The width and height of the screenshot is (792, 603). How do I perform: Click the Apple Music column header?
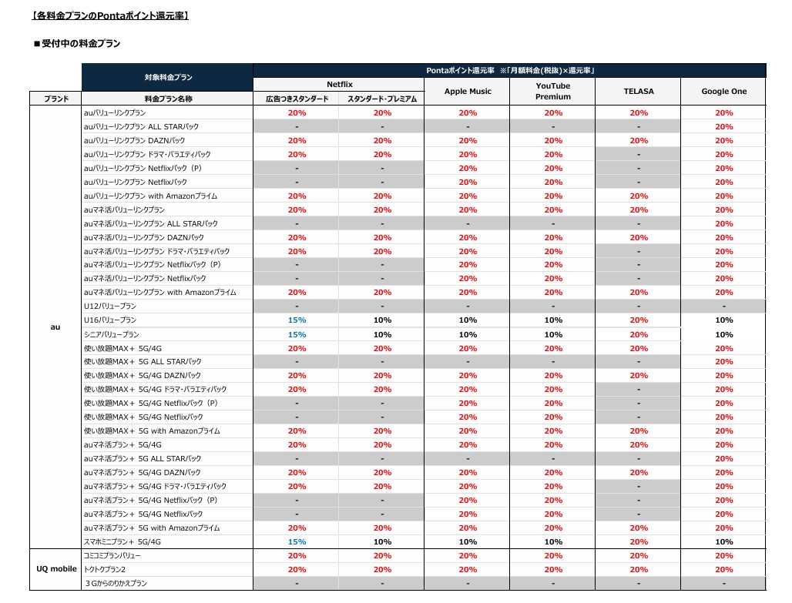[468, 92]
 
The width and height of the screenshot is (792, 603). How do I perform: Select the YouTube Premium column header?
[553, 92]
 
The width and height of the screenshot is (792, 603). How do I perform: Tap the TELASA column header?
[639, 92]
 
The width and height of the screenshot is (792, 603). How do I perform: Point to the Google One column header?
[723, 92]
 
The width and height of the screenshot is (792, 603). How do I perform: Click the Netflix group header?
[340, 85]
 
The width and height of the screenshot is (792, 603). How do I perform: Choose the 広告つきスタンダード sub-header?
[297, 99]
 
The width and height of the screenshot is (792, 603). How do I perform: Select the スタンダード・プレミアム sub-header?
[382, 99]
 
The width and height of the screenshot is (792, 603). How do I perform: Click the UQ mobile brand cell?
[56, 568]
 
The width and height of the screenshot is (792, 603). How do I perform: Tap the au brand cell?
[55, 327]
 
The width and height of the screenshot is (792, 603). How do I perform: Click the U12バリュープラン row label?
[110, 306]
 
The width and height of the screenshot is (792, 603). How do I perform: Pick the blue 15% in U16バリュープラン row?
[297, 320]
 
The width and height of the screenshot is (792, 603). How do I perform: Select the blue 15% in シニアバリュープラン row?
[297, 334]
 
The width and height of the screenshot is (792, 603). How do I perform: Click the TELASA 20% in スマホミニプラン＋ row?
[639, 542]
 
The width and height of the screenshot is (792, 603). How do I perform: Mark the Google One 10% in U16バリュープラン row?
[723, 320]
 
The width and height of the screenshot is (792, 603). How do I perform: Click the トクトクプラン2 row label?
[105, 570]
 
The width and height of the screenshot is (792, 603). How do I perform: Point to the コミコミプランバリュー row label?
[112, 555]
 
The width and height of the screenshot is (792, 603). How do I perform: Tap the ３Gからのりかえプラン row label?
[116, 583]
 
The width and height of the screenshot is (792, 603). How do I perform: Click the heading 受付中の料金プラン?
[77, 44]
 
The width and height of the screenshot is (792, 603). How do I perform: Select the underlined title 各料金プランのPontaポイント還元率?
[110, 15]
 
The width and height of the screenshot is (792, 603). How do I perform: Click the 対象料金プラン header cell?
[168, 77]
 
